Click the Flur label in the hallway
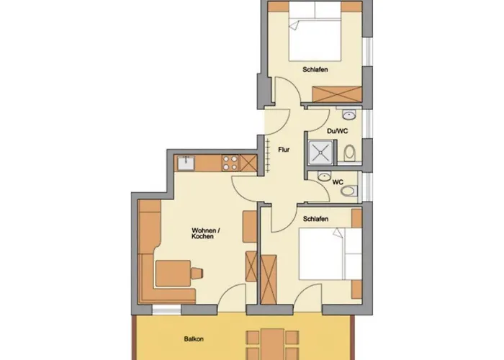284,150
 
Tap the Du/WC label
338,131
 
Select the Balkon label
194,339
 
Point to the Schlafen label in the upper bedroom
315,69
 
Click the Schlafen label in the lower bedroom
315,219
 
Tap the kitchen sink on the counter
186,163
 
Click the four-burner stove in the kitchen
230,163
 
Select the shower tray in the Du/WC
321,153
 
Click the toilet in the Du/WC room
350,153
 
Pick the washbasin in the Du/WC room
348,114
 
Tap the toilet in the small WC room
349,191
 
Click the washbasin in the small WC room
324,176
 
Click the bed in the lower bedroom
330,254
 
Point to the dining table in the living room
174,274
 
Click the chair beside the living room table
197,273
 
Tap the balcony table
272,344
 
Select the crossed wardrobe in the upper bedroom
337,94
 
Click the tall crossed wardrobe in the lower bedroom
269,279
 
